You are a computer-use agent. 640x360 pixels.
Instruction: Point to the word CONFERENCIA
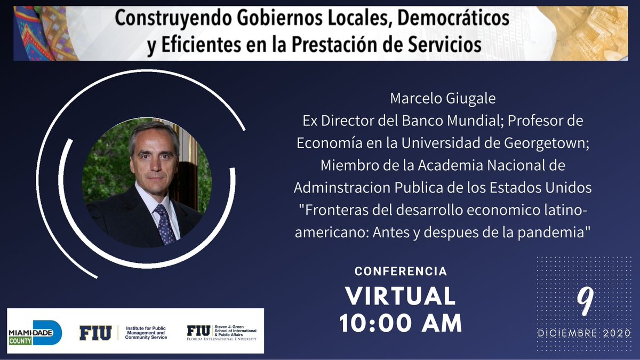coord(401,271)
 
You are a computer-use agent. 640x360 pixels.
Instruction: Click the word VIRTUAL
coord(400,295)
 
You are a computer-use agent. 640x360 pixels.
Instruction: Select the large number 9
coord(585,303)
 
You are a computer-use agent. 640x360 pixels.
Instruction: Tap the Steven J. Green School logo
coord(221,332)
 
